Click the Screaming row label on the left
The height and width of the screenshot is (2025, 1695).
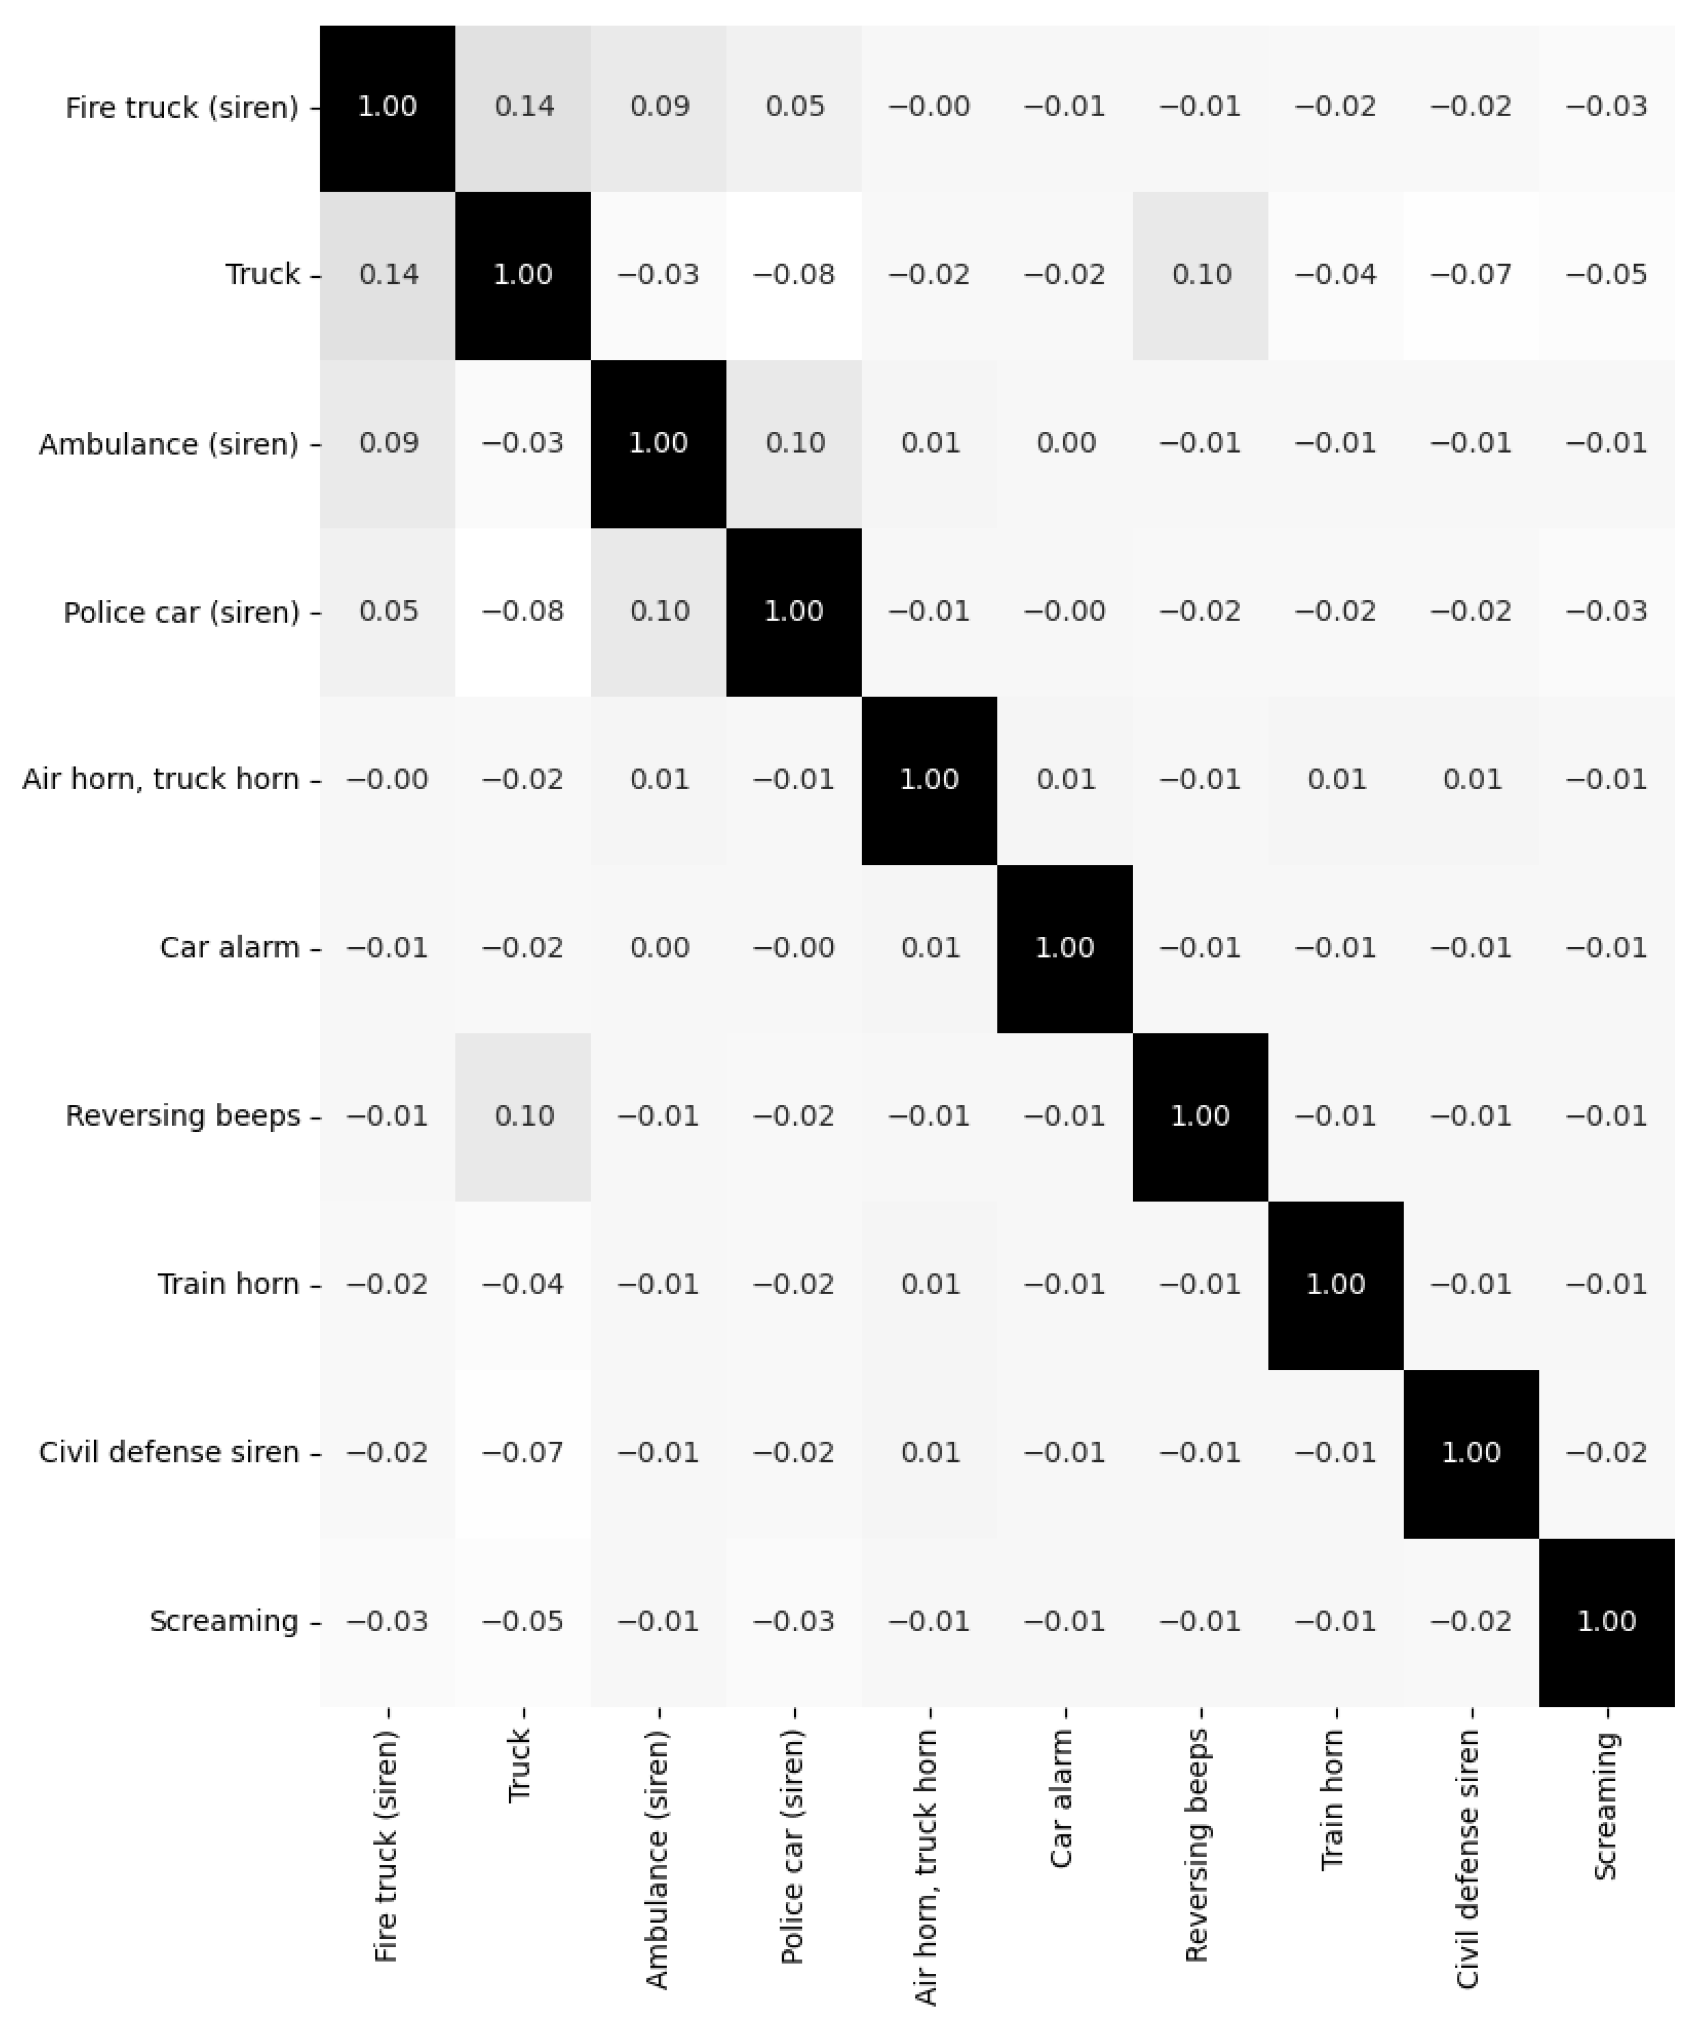(224, 1621)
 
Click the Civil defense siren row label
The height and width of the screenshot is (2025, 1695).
(169, 1452)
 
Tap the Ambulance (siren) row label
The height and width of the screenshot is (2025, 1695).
(169, 443)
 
